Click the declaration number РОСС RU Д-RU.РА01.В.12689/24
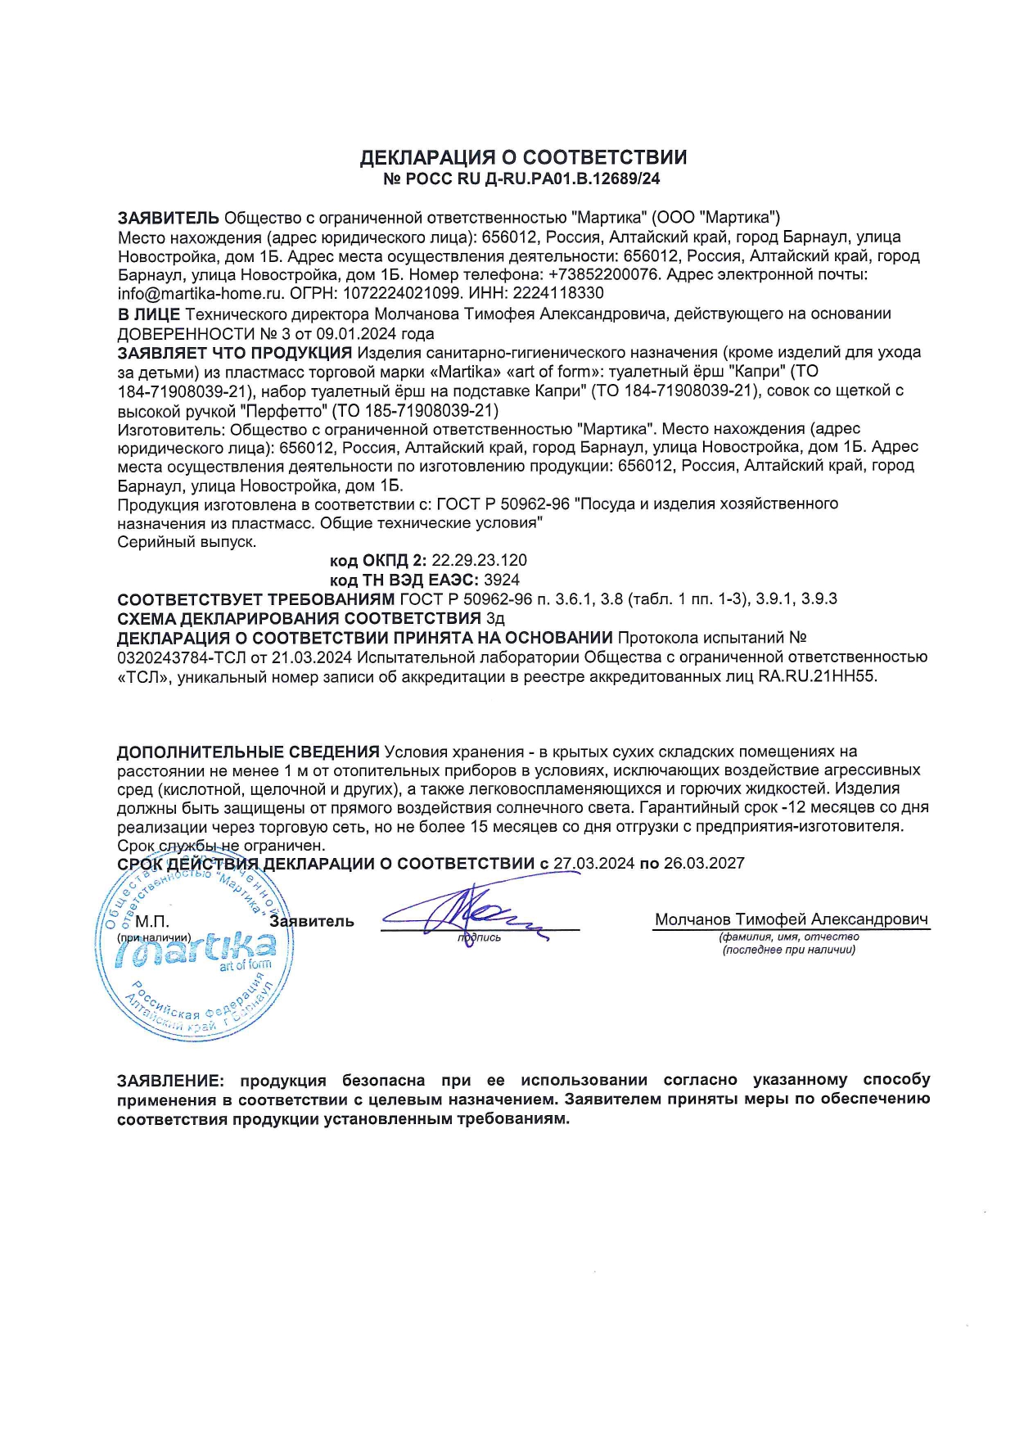point(531,178)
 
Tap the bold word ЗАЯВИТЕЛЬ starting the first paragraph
point(169,218)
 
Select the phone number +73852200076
point(603,275)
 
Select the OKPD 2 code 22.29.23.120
point(479,561)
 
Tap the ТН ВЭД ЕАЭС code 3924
point(502,580)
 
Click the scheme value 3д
point(494,618)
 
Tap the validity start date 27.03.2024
point(593,864)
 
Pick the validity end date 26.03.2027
point(704,864)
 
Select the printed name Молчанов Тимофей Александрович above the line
point(791,919)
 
